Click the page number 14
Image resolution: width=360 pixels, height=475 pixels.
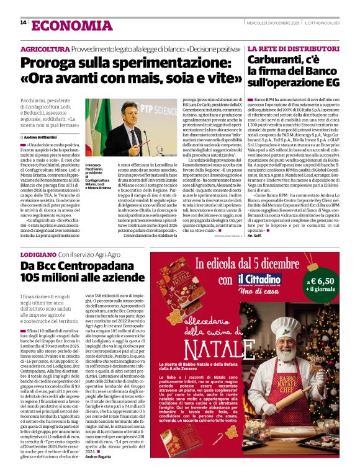(x=22, y=23)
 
